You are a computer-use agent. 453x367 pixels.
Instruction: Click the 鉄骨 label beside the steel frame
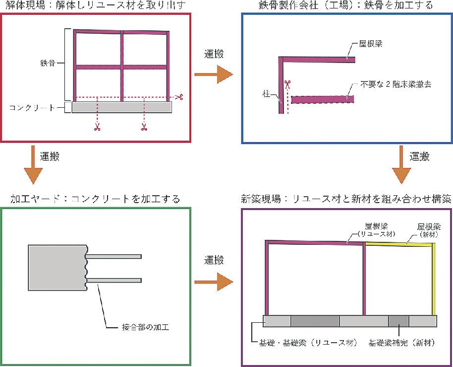(48, 64)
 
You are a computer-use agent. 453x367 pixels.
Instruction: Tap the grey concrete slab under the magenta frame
(122, 107)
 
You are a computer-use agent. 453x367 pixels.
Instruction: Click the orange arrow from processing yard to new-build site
(213, 282)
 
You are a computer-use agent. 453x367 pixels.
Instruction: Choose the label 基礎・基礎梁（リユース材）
(303, 343)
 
